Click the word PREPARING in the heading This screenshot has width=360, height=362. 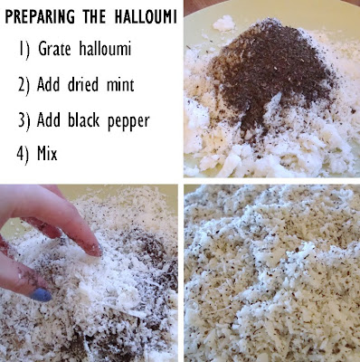[40, 16]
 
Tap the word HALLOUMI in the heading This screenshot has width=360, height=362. [146, 16]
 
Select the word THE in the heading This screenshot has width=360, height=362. [94, 16]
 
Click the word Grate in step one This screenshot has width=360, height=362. [54, 49]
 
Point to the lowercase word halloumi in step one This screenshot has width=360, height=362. [105, 48]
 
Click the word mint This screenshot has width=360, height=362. [120, 85]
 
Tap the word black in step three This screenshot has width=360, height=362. [83, 119]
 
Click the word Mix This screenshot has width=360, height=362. [47, 153]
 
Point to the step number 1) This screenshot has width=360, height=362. [24, 50]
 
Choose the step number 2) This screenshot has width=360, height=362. [24, 85]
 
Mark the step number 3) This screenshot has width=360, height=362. [24, 120]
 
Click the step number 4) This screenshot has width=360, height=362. [23, 154]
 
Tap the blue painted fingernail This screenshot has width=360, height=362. [41, 295]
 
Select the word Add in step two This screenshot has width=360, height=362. [48, 84]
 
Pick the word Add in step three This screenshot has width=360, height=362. [48, 119]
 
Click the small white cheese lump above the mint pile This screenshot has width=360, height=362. [224, 24]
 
